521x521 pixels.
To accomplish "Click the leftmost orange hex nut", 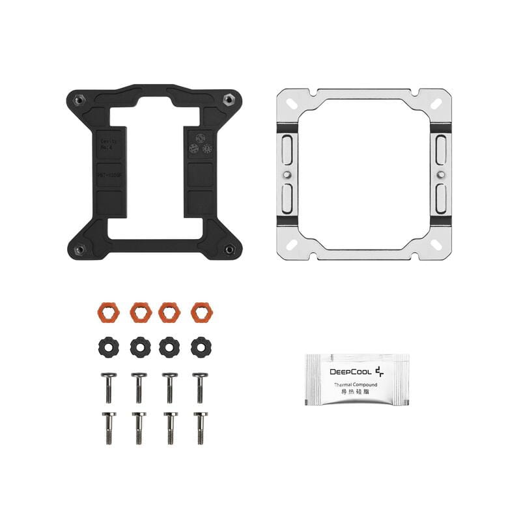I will click(109, 312).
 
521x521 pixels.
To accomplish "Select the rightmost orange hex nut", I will click(201, 312).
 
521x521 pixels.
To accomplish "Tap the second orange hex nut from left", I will click(140, 312).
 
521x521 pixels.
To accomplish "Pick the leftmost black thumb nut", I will click(109, 346).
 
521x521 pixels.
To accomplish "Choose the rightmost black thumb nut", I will click(201, 346).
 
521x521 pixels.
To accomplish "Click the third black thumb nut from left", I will click(171, 346).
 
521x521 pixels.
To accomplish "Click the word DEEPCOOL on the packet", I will click(350, 372).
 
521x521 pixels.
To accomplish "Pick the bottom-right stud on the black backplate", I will click(229, 249).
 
